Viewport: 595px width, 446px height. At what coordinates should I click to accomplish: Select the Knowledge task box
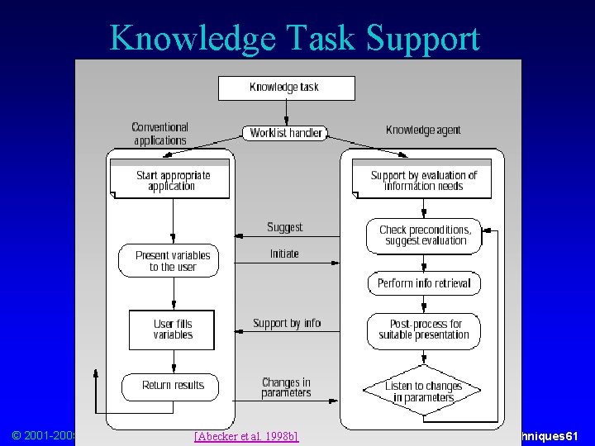pyautogui.click(x=286, y=88)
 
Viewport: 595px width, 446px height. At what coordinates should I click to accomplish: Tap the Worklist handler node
pyautogui.click(x=285, y=133)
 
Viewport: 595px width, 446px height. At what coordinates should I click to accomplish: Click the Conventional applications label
pyautogui.click(x=159, y=134)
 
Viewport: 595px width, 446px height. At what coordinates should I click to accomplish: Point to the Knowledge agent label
pyautogui.click(x=422, y=130)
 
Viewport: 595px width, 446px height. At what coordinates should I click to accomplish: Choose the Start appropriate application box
pyautogui.click(x=173, y=181)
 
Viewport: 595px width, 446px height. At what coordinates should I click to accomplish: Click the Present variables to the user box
pyautogui.click(x=173, y=261)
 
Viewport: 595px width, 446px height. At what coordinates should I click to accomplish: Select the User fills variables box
pyautogui.click(x=172, y=330)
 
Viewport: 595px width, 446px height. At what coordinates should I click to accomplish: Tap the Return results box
pyautogui.click(x=173, y=386)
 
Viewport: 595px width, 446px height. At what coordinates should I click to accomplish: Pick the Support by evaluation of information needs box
pyautogui.click(x=423, y=181)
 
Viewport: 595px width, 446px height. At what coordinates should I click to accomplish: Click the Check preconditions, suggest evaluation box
pyautogui.click(x=424, y=235)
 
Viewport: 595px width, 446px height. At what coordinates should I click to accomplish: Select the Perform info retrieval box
pyautogui.click(x=424, y=283)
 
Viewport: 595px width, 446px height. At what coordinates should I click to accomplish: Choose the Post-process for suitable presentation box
pyautogui.click(x=423, y=330)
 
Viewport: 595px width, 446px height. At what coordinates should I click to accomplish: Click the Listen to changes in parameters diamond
pyautogui.click(x=424, y=391)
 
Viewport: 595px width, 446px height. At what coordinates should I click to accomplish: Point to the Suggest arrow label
pyautogui.click(x=284, y=227)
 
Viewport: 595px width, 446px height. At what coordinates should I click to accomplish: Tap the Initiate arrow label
pyautogui.click(x=284, y=254)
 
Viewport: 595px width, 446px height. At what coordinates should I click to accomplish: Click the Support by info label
pyautogui.click(x=286, y=323)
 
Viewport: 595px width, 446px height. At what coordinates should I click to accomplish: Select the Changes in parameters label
pyautogui.click(x=286, y=387)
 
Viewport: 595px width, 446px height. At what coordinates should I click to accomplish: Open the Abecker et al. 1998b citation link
pyautogui.click(x=245, y=436)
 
